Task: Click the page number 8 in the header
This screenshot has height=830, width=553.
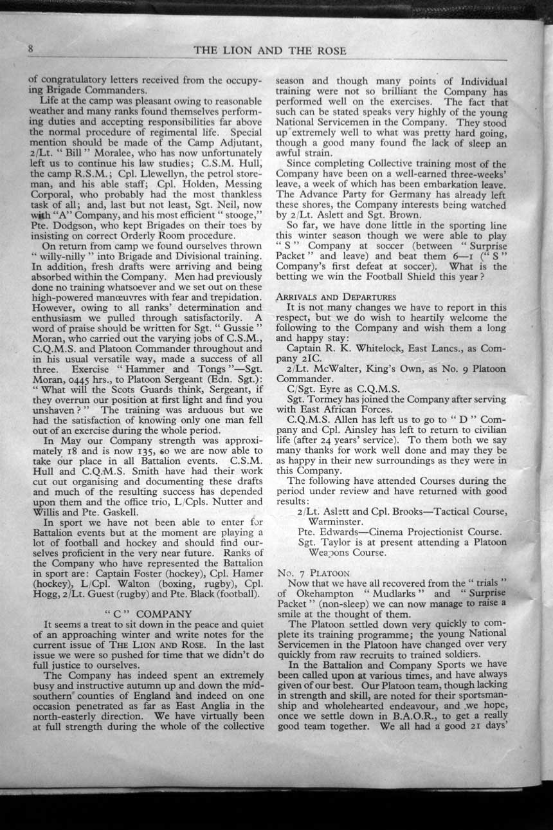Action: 30,49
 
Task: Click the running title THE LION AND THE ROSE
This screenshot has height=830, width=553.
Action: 269,50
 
